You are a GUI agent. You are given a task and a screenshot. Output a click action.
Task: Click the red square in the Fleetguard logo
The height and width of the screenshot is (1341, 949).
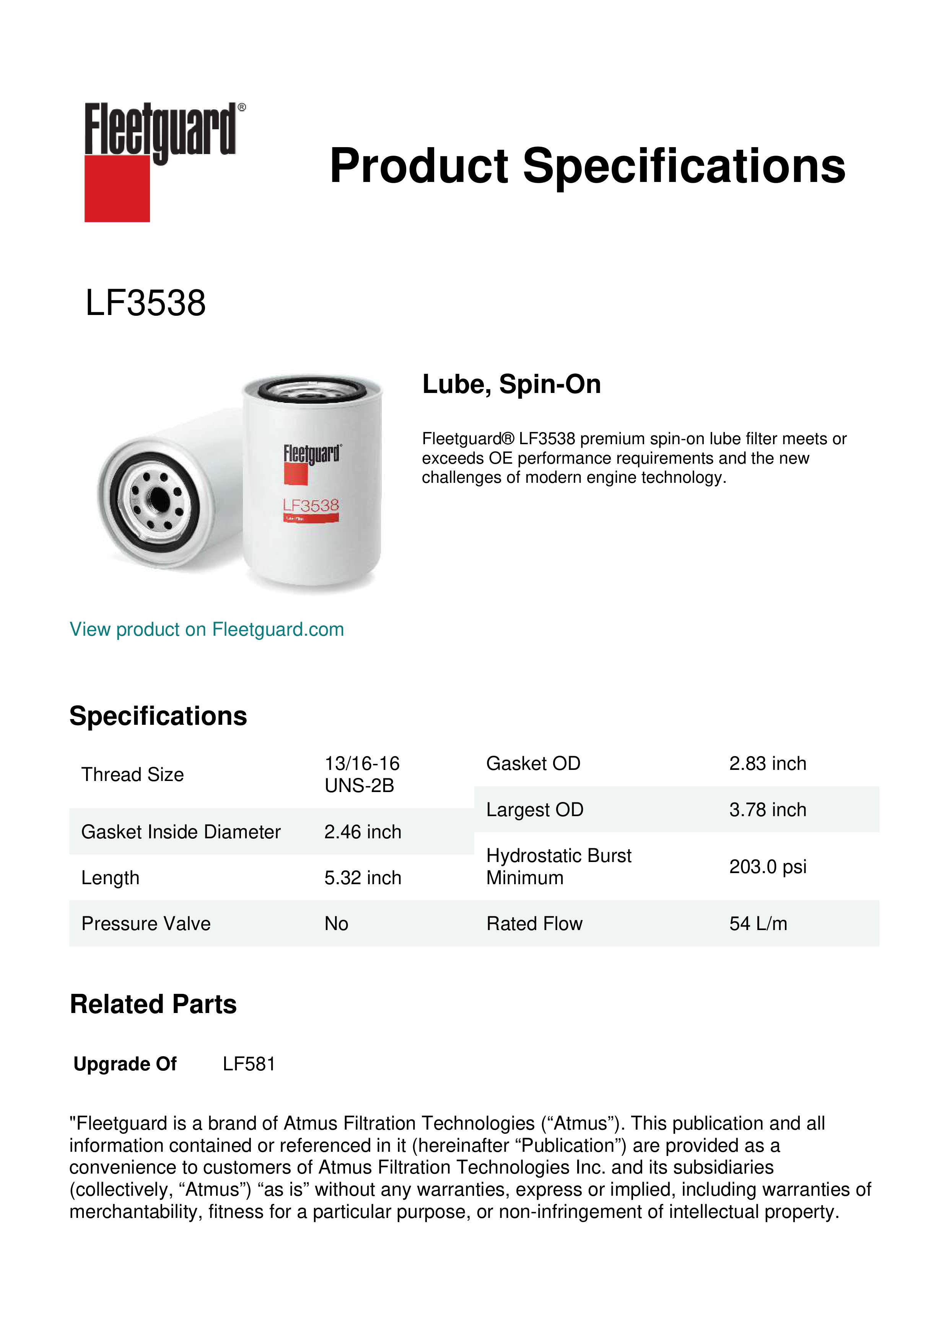(117, 188)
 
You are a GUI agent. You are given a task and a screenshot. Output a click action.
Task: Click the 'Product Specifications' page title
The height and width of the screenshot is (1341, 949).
(587, 166)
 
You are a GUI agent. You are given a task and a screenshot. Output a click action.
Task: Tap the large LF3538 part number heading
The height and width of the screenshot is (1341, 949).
(145, 303)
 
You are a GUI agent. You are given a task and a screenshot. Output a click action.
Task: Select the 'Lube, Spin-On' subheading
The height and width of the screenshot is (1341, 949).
(511, 384)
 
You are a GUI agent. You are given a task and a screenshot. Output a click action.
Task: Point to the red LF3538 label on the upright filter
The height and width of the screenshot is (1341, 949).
(311, 505)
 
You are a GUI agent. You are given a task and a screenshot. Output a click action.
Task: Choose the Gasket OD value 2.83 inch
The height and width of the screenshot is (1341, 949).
(767, 763)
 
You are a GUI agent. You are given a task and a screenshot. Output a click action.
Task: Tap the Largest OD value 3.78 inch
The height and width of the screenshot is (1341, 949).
(767, 810)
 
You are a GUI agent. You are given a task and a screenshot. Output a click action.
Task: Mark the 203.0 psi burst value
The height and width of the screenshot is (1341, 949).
(767, 867)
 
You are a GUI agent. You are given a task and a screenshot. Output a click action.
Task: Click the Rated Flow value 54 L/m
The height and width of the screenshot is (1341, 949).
(758, 924)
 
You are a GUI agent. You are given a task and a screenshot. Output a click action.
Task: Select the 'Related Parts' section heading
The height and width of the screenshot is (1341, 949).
(153, 1005)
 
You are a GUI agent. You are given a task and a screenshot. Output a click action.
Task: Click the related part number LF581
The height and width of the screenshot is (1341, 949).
(249, 1064)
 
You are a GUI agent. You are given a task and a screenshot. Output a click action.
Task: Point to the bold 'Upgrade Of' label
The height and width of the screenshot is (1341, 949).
(125, 1064)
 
